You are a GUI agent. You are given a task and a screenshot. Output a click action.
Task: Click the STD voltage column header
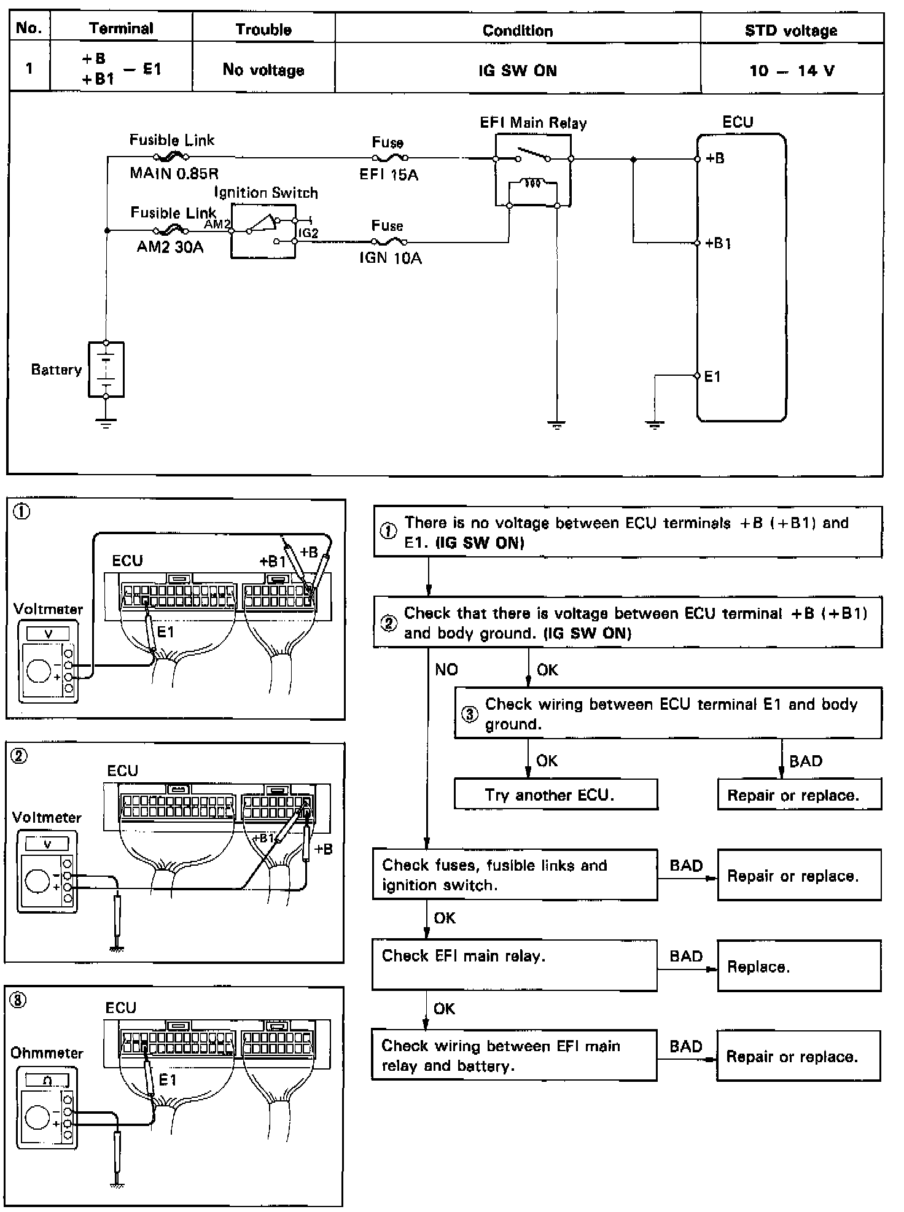pyautogui.click(x=791, y=31)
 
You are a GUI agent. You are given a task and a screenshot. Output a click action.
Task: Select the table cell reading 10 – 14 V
pyautogui.click(x=792, y=71)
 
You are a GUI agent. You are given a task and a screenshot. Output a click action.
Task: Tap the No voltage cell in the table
pyautogui.click(x=263, y=70)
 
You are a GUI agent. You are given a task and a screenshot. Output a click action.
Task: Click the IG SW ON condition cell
pyautogui.click(x=518, y=71)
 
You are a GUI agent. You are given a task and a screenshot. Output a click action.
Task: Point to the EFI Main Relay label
pyautogui.click(x=533, y=123)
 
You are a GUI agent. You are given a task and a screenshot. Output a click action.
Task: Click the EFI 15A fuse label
pyautogui.click(x=389, y=175)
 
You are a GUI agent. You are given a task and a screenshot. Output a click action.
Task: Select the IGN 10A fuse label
pyautogui.click(x=391, y=258)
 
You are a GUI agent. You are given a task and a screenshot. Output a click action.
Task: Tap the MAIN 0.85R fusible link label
pyautogui.click(x=174, y=173)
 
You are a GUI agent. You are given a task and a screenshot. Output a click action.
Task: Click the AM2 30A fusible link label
pyautogui.click(x=170, y=247)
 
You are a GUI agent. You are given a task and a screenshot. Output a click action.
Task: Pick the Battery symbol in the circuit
pyautogui.click(x=106, y=370)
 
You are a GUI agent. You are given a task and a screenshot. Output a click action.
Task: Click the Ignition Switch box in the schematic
pyautogui.click(x=263, y=231)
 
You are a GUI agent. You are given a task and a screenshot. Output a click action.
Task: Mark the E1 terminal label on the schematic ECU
pyautogui.click(x=712, y=376)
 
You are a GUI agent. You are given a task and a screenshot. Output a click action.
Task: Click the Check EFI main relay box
pyautogui.click(x=514, y=965)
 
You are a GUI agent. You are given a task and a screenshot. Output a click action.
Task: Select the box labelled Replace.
pyautogui.click(x=799, y=966)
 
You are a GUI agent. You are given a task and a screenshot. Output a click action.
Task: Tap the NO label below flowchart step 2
pyautogui.click(x=446, y=669)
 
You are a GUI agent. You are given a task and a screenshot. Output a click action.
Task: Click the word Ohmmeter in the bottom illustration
pyautogui.click(x=47, y=1053)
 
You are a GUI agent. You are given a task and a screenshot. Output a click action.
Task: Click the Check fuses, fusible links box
pyautogui.click(x=515, y=875)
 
